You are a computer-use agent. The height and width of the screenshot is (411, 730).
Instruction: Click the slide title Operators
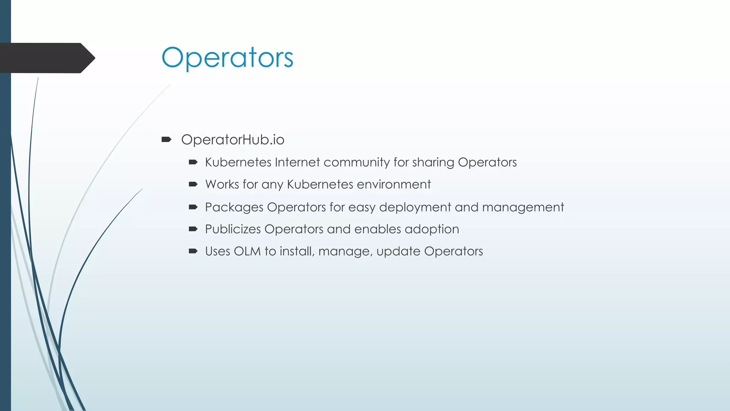(x=227, y=58)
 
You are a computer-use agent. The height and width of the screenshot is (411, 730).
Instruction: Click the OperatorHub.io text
(x=232, y=140)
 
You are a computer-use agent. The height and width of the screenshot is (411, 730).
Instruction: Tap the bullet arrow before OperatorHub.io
(x=166, y=139)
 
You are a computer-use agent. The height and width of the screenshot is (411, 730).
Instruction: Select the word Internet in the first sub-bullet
(x=297, y=162)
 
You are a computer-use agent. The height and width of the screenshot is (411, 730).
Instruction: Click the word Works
(x=222, y=184)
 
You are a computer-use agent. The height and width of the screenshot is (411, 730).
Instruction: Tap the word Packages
(x=234, y=208)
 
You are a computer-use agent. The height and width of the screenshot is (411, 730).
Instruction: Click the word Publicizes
(x=233, y=229)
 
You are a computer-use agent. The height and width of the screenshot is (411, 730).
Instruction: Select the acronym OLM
(x=247, y=252)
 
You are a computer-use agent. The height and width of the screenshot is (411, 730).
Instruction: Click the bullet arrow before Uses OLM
(x=193, y=251)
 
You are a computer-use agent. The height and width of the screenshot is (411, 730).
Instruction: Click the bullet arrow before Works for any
(x=193, y=184)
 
